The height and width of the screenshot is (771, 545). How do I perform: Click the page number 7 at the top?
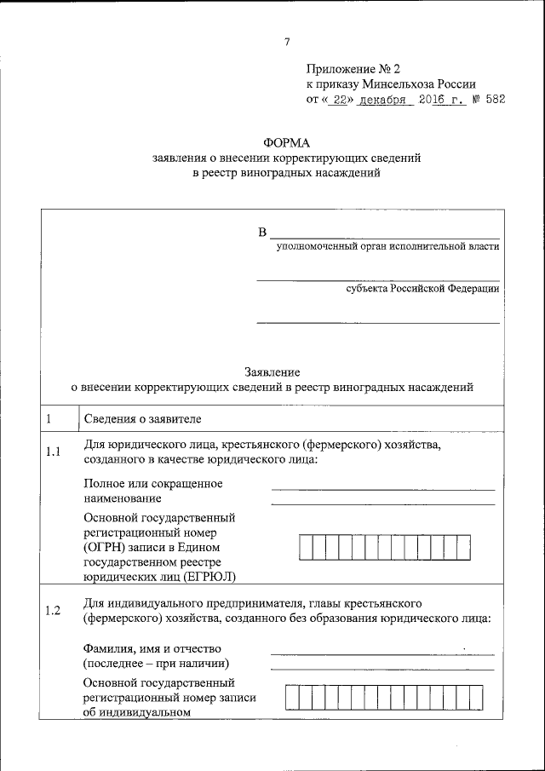coord(287,42)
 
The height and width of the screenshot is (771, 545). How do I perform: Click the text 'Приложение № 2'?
coord(353,68)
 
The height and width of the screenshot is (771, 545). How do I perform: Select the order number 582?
coord(494,100)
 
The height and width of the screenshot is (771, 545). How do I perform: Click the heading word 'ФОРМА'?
coord(287,143)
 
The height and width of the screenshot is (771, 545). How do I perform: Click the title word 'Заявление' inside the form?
coord(272,372)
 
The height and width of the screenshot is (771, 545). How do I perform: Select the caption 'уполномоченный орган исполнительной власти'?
coord(387,246)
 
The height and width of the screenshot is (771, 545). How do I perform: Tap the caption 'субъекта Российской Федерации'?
coord(422,289)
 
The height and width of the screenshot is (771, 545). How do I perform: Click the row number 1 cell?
coord(49,419)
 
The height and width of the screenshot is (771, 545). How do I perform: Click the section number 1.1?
coord(53,452)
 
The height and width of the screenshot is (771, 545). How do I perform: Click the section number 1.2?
coord(53,610)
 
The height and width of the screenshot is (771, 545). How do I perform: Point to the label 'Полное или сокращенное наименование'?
coord(153,491)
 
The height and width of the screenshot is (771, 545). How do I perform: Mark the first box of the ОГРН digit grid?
coord(307,547)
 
